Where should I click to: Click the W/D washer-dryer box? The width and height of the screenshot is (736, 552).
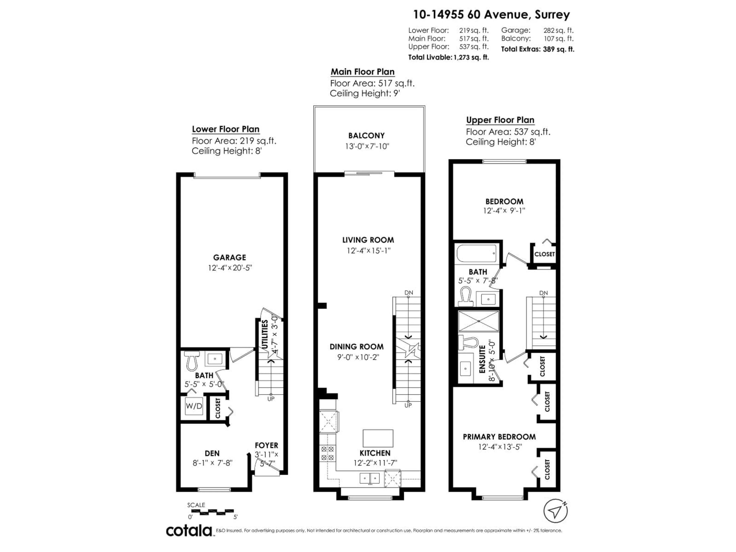[194, 406]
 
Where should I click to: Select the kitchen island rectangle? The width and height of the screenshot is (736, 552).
[378, 438]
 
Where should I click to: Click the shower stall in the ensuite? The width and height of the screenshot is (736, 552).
[478, 321]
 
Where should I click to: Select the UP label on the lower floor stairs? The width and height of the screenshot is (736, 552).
[271, 399]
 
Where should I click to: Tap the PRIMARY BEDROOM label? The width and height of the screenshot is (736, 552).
[499, 437]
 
